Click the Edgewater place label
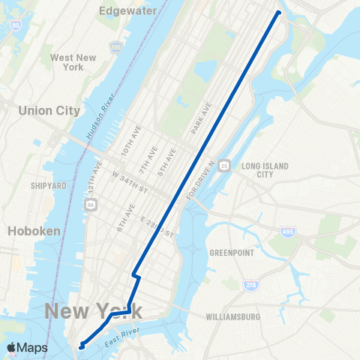128,11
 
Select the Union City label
49,110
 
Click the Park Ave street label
202,120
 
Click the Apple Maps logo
26,347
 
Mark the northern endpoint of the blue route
279,13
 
